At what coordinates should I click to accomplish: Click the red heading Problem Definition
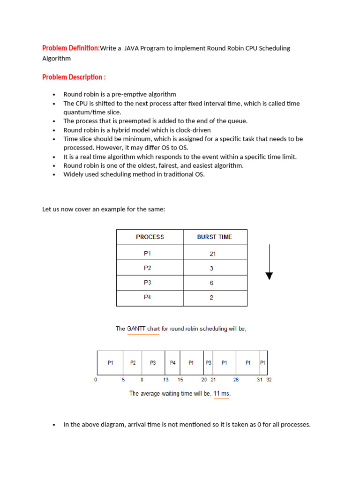click(x=71, y=48)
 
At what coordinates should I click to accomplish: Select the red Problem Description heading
click(x=74, y=77)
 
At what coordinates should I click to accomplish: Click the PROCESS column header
click(x=150, y=237)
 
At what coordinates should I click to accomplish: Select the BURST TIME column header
click(x=214, y=237)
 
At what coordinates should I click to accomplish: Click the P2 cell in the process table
click(x=148, y=268)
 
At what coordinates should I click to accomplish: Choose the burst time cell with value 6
click(x=211, y=283)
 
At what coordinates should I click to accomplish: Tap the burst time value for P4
click(x=211, y=298)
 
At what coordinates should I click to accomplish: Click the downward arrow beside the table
click(x=269, y=262)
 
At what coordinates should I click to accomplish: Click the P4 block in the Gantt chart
click(x=172, y=362)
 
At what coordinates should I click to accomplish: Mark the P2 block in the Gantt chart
click(x=133, y=362)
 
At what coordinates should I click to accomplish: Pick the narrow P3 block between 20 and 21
click(x=209, y=362)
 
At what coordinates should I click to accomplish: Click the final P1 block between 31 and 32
click(x=263, y=362)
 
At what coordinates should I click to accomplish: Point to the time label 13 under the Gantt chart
click(x=165, y=380)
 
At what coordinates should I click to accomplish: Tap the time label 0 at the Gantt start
click(x=96, y=380)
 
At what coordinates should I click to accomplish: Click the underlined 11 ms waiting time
click(x=221, y=393)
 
